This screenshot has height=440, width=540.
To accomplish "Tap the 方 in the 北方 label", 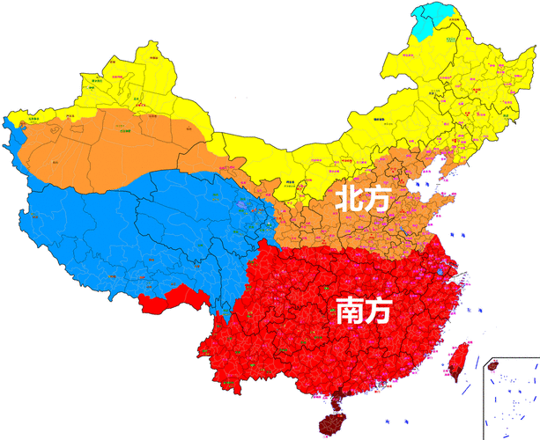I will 376,199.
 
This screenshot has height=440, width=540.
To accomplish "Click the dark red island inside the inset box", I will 492,364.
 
